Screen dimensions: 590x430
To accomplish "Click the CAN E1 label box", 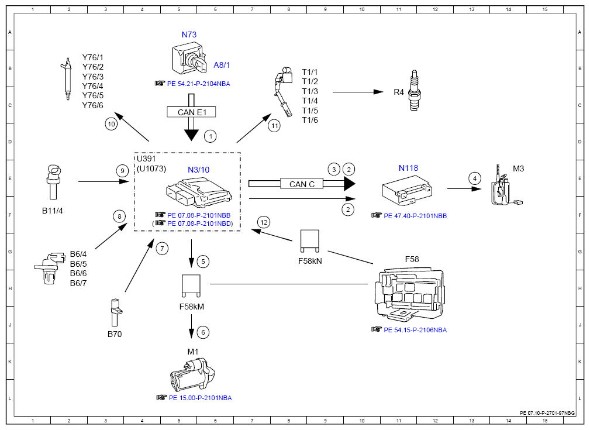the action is (x=192, y=112).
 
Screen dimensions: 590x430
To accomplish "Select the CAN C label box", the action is (x=302, y=184).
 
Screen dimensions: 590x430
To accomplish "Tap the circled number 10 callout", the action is (x=111, y=124).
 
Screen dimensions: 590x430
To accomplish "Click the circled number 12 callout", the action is (x=264, y=222).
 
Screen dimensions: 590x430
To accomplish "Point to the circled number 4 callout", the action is (x=475, y=178).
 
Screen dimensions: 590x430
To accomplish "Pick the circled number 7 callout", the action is (x=162, y=249).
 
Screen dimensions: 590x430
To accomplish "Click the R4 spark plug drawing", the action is (x=415, y=90).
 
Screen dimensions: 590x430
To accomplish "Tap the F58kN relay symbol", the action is (x=310, y=241).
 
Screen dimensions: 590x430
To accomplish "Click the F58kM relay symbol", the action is (x=191, y=285).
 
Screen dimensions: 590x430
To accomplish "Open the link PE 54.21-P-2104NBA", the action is (x=198, y=84).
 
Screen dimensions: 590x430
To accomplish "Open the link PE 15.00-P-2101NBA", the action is (x=200, y=398).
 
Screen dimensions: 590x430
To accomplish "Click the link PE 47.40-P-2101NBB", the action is (x=415, y=216).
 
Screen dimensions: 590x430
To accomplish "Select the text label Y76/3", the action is (x=92, y=77).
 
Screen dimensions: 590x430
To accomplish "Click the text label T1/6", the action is (x=310, y=120).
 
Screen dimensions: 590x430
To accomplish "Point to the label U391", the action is (x=146, y=159).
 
